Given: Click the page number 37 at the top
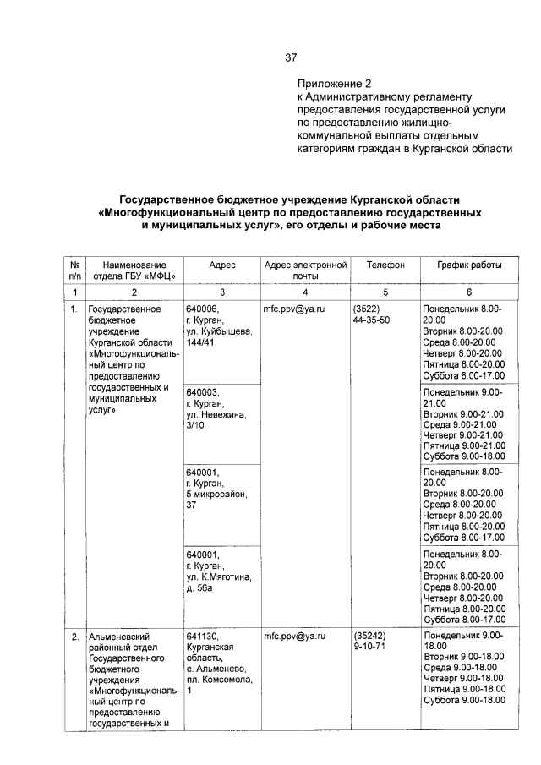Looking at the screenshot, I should pyautogui.click(x=291, y=58).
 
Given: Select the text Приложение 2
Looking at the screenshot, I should pyautogui.click(x=334, y=85).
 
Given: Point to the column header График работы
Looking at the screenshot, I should pyautogui.click(x=469, y=265).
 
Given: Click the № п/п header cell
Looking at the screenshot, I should pyautogui.click(x=75, y=270).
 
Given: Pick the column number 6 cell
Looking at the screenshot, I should pyautogui.click(x=469, y=291).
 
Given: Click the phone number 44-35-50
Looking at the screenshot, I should pyautogui.click(x=372, y=321).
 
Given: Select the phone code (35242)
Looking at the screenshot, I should pyautogui.click(x=369, y=634).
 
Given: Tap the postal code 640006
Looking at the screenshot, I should pyautogui.click(x=202, y=309).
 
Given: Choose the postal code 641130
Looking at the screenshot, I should pyautogui.click(x=202, y=634).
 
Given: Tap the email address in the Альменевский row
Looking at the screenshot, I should pyautogui.click(x=294, y=634).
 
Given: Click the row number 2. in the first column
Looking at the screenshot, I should pyautogui.click(x=75, y=635).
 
